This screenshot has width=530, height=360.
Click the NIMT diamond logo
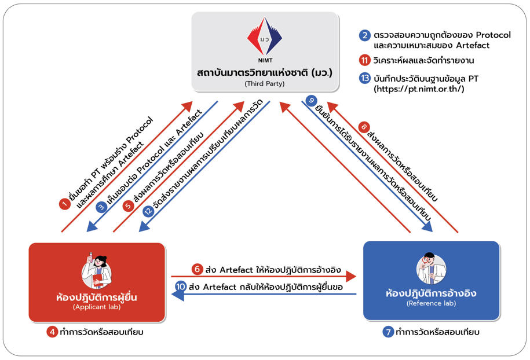[x=265, y=38]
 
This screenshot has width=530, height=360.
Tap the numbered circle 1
[x=65, y=203]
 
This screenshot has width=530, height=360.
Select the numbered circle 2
[x=364, y=35]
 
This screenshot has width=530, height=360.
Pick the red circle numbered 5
[x=129, y=207]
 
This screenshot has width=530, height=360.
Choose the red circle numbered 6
[x=197, y=269]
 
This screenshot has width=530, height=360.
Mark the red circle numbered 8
[x=364, y=127]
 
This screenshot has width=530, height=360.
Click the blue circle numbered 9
[x=312, y=100]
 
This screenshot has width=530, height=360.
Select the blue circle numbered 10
[x=181, y=286]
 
